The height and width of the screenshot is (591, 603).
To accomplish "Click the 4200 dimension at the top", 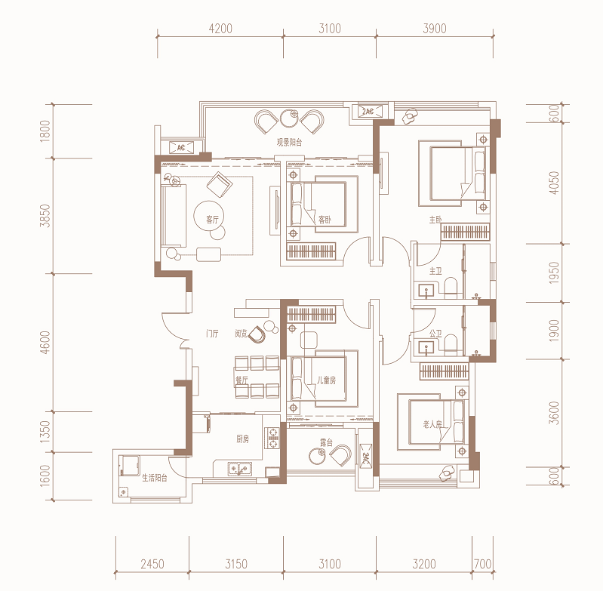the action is (x=220, y=29).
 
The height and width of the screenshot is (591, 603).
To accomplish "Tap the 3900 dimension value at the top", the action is (x=435, y=29).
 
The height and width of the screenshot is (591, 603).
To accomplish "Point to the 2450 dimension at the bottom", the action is (x=152, y=564).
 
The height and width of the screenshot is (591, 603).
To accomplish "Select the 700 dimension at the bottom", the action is (x=483, y=564).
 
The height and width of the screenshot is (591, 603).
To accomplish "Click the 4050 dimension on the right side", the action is (x=554, y=183).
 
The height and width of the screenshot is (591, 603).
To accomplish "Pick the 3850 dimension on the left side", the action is (x=45, y=216).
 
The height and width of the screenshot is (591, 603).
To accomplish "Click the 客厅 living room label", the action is (x=212, y=220).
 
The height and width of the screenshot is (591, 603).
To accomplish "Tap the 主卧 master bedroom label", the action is (x=435, y=220).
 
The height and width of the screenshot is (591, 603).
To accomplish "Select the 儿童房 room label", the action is (x=327, y=380).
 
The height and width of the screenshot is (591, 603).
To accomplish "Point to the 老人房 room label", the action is (x=432, y=424).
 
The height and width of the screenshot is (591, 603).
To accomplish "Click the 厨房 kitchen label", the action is (x=243, y=439).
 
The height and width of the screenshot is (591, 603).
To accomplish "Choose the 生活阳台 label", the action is (x=155, y=478).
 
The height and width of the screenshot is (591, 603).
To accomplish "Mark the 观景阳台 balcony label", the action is (x=289, y=142).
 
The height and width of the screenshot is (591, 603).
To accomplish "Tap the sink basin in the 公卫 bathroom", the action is (x=426, y=347).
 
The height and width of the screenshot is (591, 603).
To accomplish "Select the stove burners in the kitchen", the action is (x=273, y=438).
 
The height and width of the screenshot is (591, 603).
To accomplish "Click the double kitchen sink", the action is (x=239, y=469).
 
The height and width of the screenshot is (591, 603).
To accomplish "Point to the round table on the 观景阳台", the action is (x=289, y=118).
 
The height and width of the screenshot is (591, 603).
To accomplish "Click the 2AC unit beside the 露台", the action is (x=365, y=456).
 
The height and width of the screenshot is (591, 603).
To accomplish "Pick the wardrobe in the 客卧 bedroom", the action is (x=311, y=251).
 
